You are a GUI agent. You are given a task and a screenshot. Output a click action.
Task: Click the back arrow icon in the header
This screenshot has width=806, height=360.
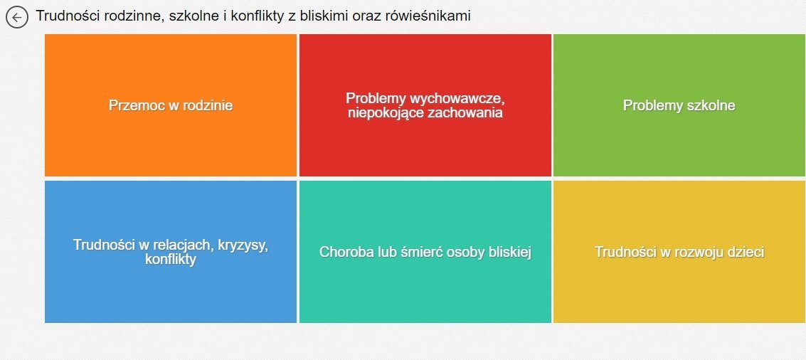click(x=16, y=18)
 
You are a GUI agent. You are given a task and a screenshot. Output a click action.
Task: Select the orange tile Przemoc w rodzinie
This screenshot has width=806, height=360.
click(x=171, y=105)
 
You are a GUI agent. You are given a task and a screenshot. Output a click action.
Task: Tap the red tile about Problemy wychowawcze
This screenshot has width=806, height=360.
click(x=425, y=105)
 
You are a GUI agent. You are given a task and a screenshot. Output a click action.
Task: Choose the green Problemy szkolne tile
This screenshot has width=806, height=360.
click(x=679, y=105)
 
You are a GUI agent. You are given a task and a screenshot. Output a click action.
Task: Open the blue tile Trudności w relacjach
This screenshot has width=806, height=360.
click(x=171, y=251)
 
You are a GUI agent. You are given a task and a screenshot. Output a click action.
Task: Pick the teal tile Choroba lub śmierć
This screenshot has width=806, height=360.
click(x=425, y=251)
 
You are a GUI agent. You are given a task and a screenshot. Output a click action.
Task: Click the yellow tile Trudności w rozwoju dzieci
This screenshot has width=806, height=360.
click(x=679, y=251)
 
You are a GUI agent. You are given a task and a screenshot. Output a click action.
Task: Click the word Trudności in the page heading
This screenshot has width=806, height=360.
click(x=65, y=16)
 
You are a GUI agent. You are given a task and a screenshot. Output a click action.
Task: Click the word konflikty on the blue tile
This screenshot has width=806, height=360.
click(x=171, y=260)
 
